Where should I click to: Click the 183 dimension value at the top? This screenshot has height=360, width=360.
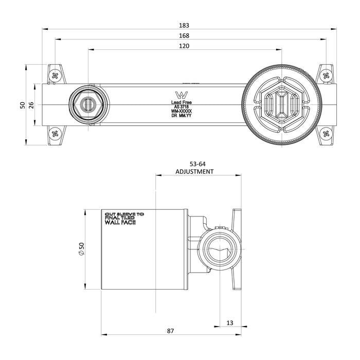pyautogui.click(x=185, y=25)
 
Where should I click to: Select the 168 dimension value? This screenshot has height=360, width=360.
pyautogui.click(x=185, y=35)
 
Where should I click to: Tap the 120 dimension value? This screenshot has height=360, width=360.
pyautogui.click(x=185, y=46)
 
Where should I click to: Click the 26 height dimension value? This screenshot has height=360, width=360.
pyautogui.click(x=31, y=104)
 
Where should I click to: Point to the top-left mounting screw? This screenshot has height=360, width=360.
pyautogui.click(x=55, y=75)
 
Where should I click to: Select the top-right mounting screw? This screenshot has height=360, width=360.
pyautogui.click(x=326, y=75)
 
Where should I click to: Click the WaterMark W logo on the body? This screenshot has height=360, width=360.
pyautogui.click(x=182, y=95)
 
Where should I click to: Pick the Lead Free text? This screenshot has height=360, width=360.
pyautogui.click(x=182, y=102)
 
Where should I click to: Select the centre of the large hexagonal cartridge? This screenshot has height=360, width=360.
pyautogui.click(x=282, y=104)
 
